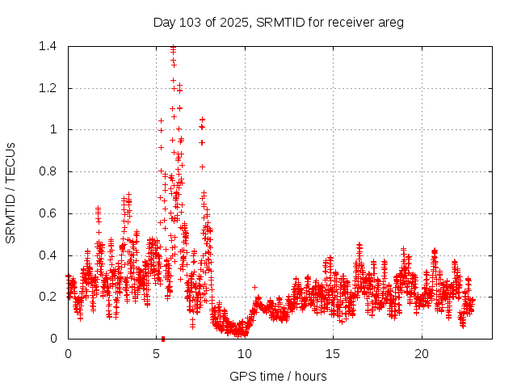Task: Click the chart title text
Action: [278, 23]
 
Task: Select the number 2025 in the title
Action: [234, 23]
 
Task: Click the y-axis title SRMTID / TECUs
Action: [11, 192]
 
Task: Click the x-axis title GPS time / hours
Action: [278, 376]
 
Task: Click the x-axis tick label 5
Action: [156, 354]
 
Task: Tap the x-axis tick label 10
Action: [245, 354]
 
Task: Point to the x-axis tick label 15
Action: [333, 354]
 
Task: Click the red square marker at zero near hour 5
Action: [163, 338]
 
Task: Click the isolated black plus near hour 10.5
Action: [254, 287]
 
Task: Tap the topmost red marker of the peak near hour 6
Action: [173, 48]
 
